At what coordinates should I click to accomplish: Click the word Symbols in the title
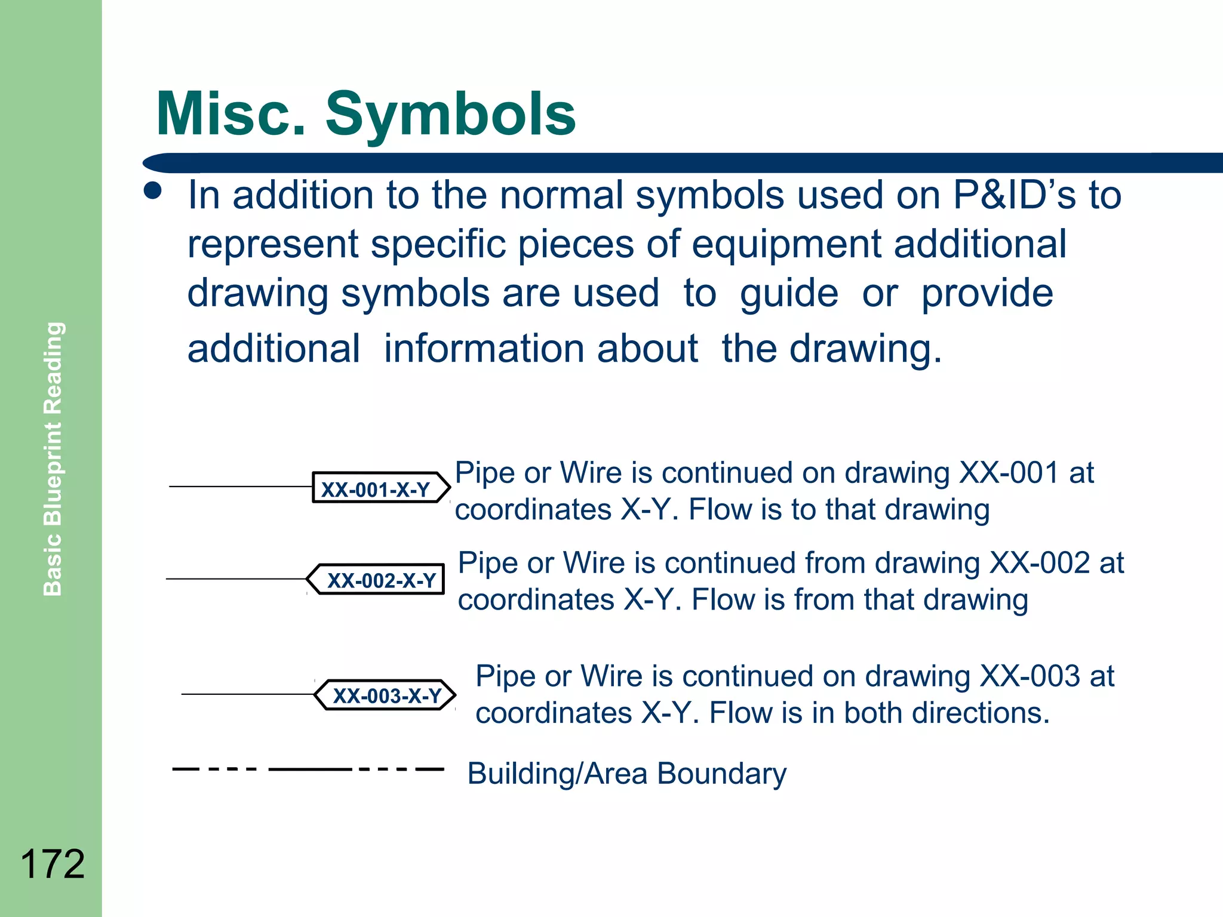click(x=450, y=115)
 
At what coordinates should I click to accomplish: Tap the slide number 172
click(x=53, y=864)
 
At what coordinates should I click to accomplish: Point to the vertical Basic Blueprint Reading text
click(x=53, y=458)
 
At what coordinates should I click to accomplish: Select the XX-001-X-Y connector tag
click(x=380, y=488)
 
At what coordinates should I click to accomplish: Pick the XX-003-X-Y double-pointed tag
click(x=386, y=695)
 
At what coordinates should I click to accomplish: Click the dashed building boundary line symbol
click(x=308, y=769)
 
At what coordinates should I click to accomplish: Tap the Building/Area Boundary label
click(x=626, y=773)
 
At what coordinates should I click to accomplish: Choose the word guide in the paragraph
click(x=789, y=293)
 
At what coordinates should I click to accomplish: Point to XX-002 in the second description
click(x=1040, y=563)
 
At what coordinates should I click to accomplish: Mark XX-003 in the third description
click(x=1030, y=676)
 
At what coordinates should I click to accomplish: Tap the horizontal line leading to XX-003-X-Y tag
click(x=247, y=694)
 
